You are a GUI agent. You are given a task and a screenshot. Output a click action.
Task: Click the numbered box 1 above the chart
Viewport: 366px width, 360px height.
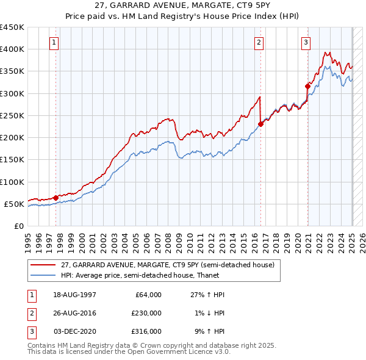55,43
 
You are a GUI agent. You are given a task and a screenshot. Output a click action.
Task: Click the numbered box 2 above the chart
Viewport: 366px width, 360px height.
259,43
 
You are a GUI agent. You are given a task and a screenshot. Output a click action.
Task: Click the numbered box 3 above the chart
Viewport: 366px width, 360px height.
306,43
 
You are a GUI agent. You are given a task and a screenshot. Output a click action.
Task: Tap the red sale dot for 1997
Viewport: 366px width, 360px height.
56,198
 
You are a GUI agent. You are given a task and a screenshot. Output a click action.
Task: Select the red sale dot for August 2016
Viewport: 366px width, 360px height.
260,124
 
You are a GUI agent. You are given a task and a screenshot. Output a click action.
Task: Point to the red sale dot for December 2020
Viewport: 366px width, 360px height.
307,87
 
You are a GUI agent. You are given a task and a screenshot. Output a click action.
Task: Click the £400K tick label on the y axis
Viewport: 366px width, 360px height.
13,49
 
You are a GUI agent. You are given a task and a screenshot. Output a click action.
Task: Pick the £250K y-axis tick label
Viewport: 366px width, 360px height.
13,115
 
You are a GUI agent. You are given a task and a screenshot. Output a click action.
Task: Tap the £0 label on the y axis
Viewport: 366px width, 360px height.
19,226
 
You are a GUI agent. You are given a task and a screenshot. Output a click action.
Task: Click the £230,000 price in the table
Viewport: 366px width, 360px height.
147,313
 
